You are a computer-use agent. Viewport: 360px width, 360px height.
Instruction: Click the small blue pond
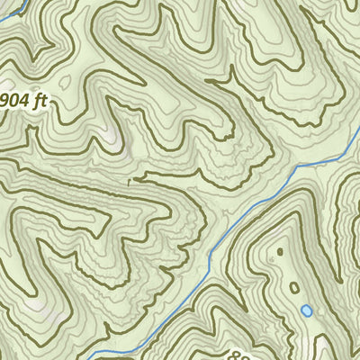(x=306, y=310)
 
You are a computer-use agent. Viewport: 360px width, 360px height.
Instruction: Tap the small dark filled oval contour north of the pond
(x=279, y=251)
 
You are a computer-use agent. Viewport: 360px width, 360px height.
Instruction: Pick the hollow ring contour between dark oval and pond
(x=294, y=288)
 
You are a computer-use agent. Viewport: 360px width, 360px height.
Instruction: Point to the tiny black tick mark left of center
(x=130, y=181)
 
